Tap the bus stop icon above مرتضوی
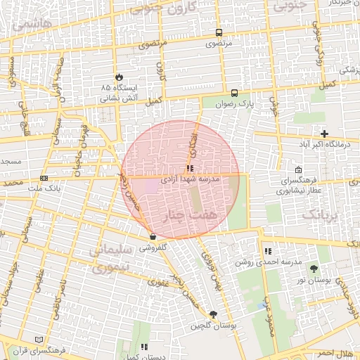point(219,32)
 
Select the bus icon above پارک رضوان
point(234,93)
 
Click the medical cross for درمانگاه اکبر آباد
point(324,134)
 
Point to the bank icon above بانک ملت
point(44,179)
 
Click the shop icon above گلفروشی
point(153,238)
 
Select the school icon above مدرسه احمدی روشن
point(267,251)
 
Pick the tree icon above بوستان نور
point(313,269)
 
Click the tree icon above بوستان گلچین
point(213,315)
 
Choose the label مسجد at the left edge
point(11,162)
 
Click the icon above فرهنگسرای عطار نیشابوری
point(299,170)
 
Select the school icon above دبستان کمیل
point(144,347)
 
